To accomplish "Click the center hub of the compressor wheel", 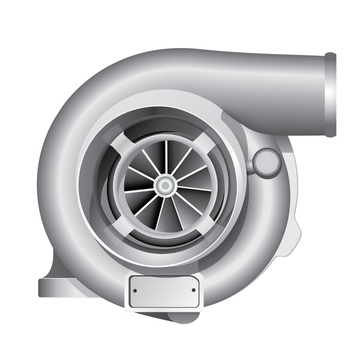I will pos(164,186).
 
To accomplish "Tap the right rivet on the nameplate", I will pos(193,290).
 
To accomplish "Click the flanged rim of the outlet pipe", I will pos(330,95).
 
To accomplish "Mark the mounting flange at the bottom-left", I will pos(57,288).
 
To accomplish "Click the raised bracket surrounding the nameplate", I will pos(164,306).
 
